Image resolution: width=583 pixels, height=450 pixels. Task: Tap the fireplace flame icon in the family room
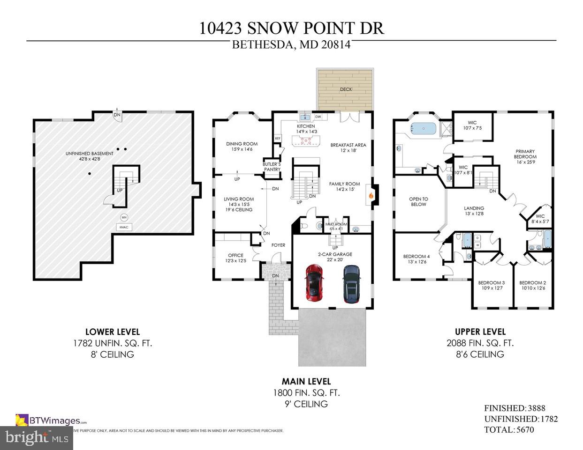[x=371, y=196]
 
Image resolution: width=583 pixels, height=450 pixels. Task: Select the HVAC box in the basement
[x=124, y=227]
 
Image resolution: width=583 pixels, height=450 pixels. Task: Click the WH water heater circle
[x=124, y=217]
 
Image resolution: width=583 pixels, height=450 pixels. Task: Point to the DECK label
[x=346, y=89]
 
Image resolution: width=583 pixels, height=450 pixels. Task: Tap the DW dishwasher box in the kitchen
[x=318, y=117]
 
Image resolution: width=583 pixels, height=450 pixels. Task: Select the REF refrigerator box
[x=278, y=139]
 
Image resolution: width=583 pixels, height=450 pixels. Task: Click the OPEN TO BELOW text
[x=418, y=201]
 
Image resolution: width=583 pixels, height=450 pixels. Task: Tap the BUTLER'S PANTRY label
[x=272, y=167]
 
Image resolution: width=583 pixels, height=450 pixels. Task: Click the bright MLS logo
[x=35, y=438]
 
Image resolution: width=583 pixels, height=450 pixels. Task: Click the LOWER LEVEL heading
[x=112, y=332]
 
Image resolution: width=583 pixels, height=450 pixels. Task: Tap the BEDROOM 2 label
[x=532, y=285]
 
